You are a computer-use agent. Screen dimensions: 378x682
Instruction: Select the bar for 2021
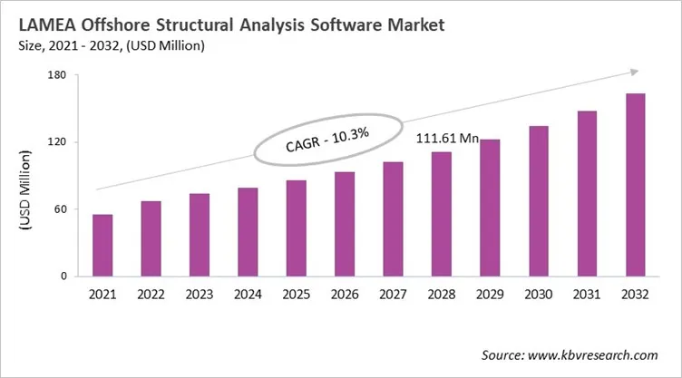[102, 245]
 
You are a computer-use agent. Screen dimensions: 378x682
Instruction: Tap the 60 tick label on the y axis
[60, 209]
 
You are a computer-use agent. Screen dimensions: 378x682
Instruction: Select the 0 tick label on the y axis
[63, 276]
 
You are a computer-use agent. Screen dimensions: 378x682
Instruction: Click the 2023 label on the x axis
[199, 294]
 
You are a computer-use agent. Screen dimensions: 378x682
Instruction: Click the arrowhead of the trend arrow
[636, 72]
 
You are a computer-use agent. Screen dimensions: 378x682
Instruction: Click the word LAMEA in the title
[44, 25]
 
